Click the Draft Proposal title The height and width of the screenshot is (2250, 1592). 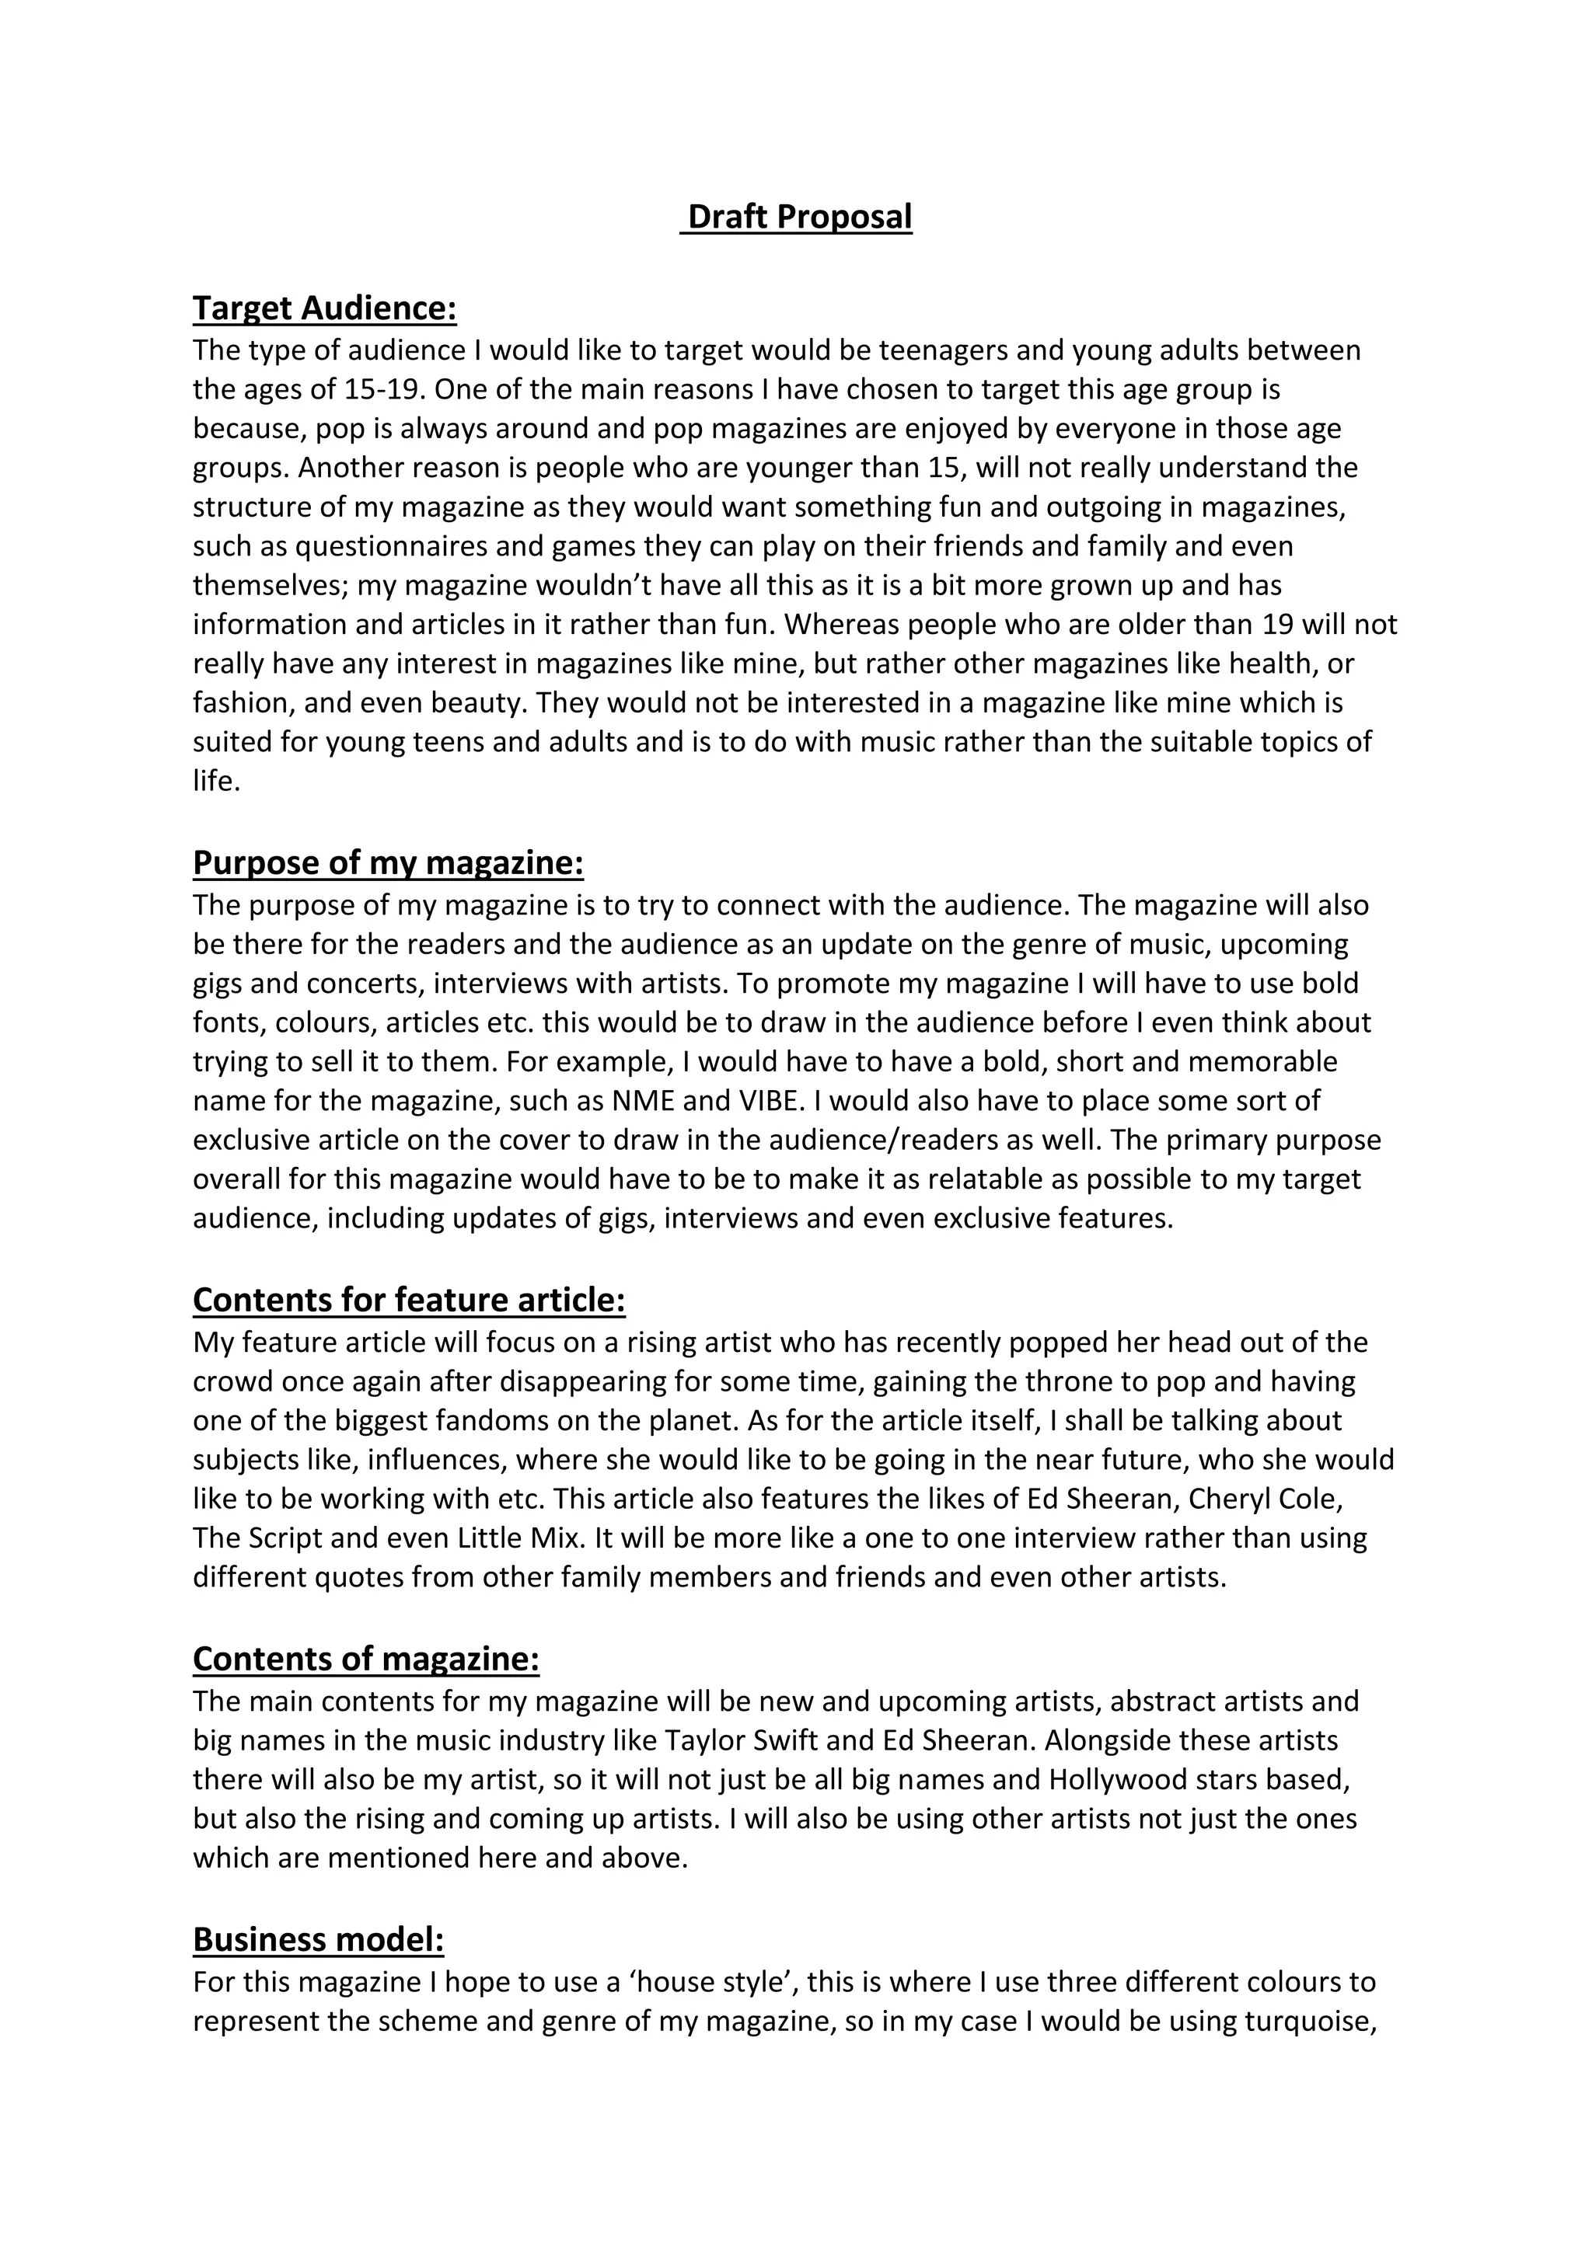click(x=799, y=217)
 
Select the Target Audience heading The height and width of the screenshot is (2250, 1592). click(x=324, y=308)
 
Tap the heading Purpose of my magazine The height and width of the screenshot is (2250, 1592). click(x=387, y=862)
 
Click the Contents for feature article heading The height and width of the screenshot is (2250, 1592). click(x=409, y=1300)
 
